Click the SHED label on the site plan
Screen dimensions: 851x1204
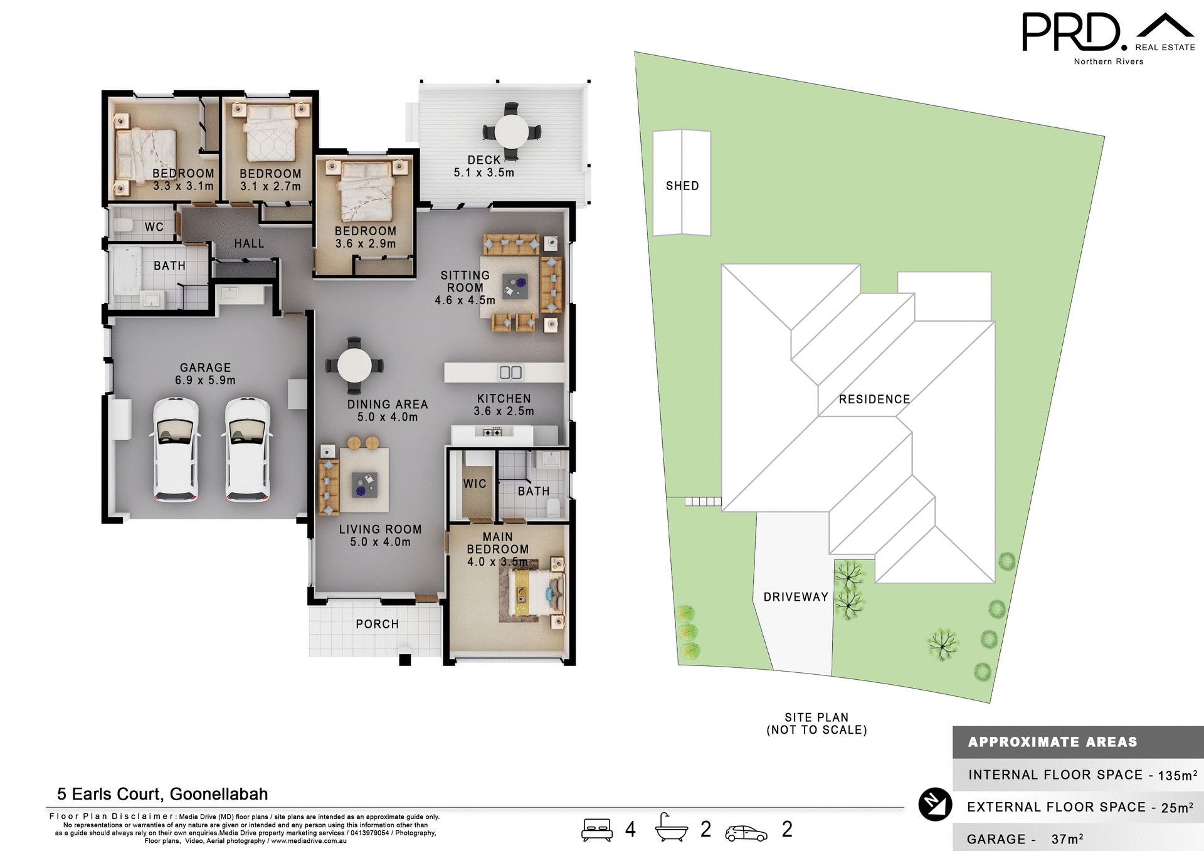click(682, 186)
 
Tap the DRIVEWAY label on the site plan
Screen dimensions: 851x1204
click(795, 597)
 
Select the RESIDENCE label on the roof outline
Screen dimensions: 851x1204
click(874, 399)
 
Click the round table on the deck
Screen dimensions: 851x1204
click(512, 132)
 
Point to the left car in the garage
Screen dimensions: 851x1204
click(176, 449)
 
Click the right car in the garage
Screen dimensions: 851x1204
click(248, 449)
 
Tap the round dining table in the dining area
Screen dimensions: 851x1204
click(354, 366)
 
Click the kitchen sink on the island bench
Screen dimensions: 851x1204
click(510, 373)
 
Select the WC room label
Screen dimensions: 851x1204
click(154, 227)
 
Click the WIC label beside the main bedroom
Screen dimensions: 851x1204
click(475, 484)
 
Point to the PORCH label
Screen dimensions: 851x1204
click(377, 624)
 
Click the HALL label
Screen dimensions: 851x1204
click(249, 243)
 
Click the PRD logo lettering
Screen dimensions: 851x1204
click(1071, 33)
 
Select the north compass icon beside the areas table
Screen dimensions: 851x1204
click(935, 804)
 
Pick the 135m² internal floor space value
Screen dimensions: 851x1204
click(1177, 775)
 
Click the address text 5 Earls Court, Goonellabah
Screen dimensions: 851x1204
click(162, 794)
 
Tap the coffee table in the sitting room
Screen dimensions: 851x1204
click(515, 287)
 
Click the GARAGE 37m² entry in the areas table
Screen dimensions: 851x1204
click(1025, 839)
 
